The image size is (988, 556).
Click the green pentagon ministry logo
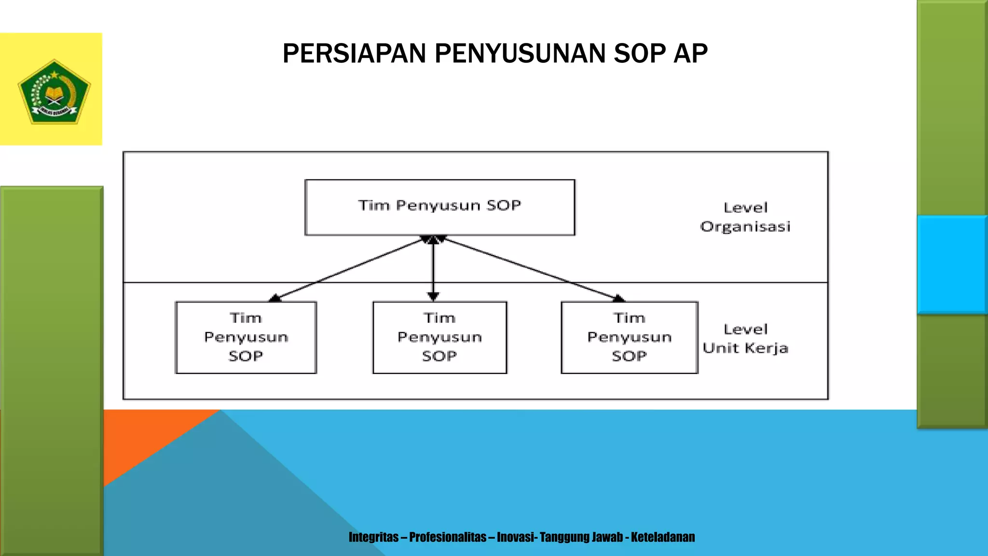click(54, 92)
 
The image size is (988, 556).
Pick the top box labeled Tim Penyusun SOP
click(439, 207)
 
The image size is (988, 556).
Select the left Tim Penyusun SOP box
click(246, 337)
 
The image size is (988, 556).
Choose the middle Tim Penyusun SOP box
click(439, 337)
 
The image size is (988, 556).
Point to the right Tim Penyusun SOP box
click(629, 337)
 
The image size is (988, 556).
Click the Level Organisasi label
click(745, 217)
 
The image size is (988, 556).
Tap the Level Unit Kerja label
click(745, 338)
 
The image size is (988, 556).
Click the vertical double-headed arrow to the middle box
click(433, 268)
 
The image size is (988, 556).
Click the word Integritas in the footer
click(373, 537)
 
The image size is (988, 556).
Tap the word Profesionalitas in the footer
click(448, 537)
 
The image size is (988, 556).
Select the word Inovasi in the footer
click(515, 537)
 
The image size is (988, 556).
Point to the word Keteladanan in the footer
click(663, 537)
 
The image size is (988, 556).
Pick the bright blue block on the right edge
click(952, 264)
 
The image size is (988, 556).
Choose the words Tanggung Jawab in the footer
click(581, 537)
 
